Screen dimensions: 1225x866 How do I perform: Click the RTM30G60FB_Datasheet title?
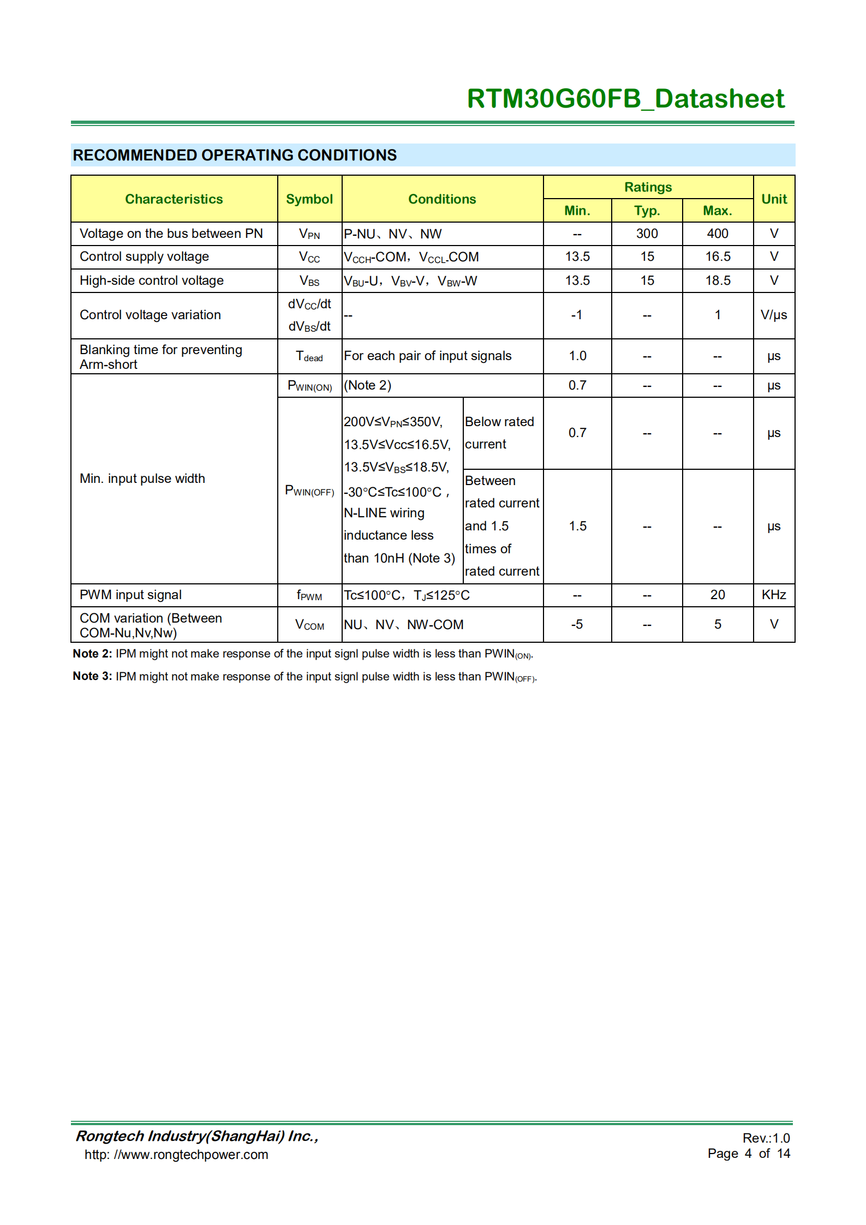tap(625, 99)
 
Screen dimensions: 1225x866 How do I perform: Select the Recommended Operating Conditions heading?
tap(235, 156)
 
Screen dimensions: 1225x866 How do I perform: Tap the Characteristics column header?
tap(174, 199)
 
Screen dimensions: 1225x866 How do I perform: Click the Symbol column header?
tap(309, 199)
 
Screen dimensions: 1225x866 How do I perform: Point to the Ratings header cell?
tap(648, 187)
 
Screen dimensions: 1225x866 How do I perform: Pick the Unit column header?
tap(774, 199)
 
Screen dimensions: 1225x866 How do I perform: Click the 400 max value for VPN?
tap(717, 234)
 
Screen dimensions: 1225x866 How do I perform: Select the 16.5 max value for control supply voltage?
tap(717, 256)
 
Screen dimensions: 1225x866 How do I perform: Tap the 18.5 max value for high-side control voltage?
tap(717, 280)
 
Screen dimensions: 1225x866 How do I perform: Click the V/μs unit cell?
tap(774, 315)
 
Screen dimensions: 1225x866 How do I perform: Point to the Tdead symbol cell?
tap(309, 356)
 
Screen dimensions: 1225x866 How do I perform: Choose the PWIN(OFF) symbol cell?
tap(309, 491)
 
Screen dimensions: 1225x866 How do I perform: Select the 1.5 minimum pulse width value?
tap(577, 526)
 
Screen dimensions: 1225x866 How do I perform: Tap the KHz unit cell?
tap(774, 595)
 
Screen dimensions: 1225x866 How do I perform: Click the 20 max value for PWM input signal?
tap(717, 595)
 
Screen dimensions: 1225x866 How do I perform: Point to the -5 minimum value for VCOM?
tap(577, 624)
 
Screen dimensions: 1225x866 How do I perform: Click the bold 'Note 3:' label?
tap(92, 676)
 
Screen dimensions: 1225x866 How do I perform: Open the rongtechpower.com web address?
tap(176, 1155)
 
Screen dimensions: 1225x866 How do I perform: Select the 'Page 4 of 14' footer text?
tap(749, 1153)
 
